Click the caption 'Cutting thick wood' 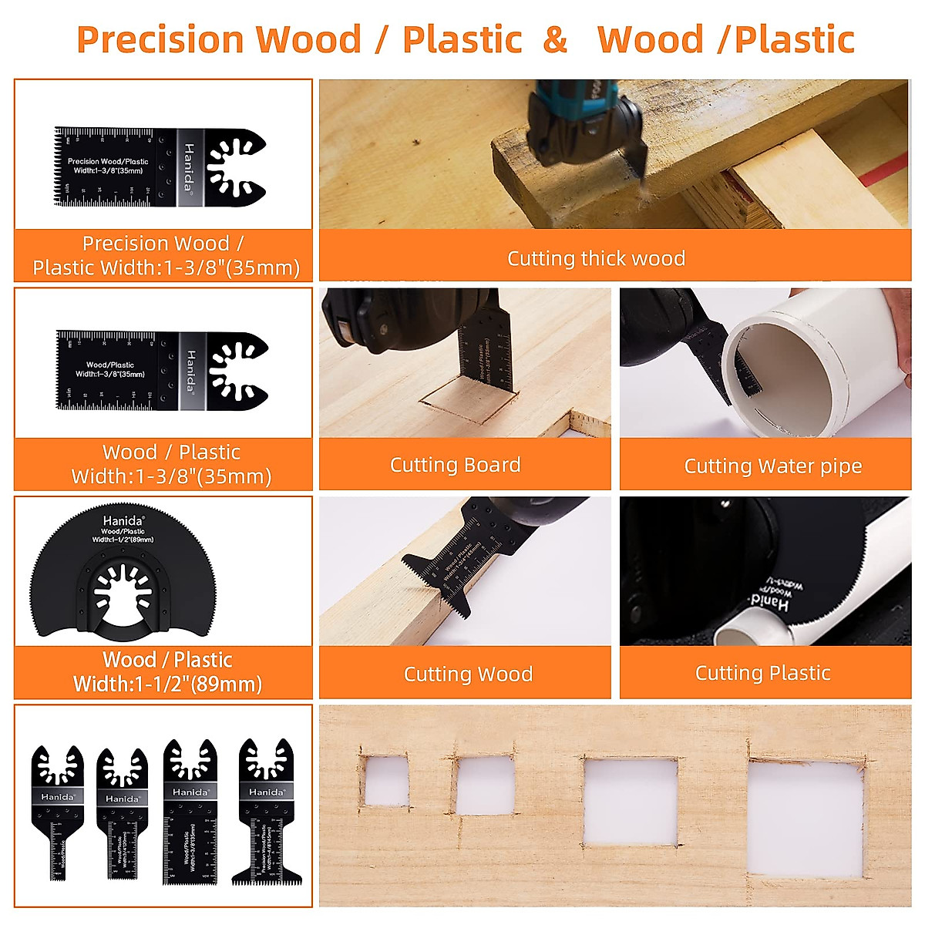coord(596,258)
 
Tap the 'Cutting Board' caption coord(455,465)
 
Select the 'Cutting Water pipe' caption coord(772,466)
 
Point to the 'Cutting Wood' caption coord(468,674)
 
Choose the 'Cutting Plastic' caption coord(762,673)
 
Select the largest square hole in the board coord(806,819)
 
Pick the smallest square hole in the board coord(385,780)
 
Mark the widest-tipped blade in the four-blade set coord(267,817)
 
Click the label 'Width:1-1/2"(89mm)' coord(167,684)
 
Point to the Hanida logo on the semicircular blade coord(123,521)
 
